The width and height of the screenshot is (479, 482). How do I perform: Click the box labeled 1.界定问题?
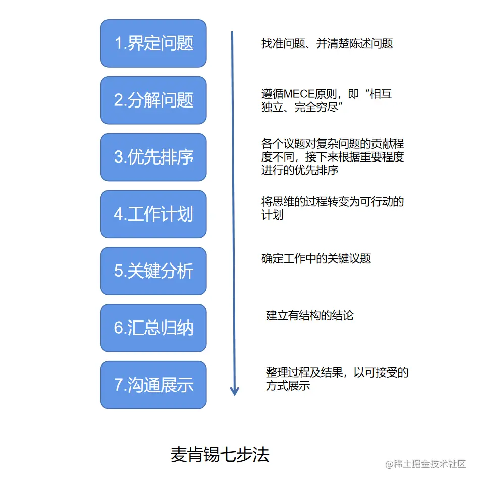point(153,43)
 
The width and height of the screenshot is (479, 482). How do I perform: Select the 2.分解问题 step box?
point(153,100)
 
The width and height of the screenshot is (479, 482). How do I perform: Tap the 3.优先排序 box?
point(153,157)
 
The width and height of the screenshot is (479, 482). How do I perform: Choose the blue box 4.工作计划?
point(153,215)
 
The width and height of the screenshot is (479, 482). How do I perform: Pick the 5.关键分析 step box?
point(153,272)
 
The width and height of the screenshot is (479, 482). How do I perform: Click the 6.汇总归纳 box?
point(153,329)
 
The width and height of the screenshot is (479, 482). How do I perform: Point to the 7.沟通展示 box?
point(153,385)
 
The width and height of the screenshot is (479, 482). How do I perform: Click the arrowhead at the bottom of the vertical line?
point(234,391)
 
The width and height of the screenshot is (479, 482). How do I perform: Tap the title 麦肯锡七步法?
point(220,455)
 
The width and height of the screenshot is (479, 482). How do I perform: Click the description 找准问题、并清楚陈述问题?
point(327,44)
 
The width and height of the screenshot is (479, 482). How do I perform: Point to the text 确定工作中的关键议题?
point(316,259)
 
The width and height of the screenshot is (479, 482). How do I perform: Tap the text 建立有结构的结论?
point(310,316)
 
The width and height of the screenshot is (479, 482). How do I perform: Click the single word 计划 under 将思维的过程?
point(272,215)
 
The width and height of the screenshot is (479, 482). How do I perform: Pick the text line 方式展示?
point(288,386)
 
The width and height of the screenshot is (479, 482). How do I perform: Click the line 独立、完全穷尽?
point(302,108)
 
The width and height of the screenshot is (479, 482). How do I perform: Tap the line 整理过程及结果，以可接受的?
point(337,373)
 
